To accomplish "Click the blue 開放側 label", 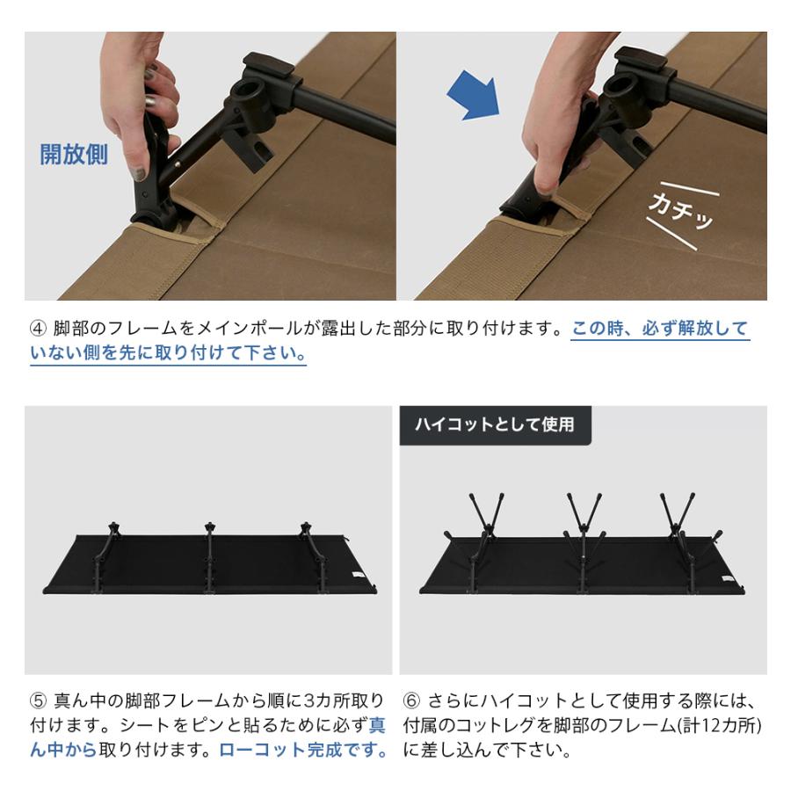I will click(x=74, y=155).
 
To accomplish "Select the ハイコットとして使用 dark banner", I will click(x=495, y=424).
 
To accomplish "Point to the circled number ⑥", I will click(x=411, y=701).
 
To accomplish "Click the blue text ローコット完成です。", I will click(x=303, y=751).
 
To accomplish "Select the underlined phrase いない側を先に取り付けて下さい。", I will click(x=168, y=354).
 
